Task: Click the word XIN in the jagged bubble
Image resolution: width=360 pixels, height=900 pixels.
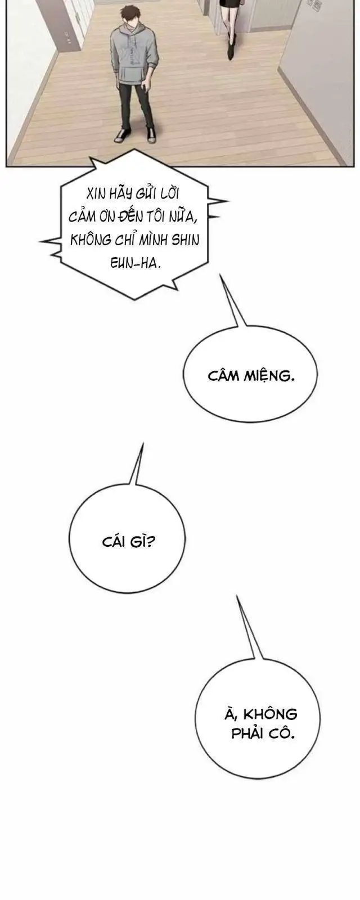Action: tap(96, 194)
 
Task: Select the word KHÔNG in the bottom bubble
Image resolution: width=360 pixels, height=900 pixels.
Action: tap(271, 714)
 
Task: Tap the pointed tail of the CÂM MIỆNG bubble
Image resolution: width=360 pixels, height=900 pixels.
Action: tap(220, 275)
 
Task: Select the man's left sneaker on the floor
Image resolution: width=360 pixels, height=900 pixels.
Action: tap(120, 135)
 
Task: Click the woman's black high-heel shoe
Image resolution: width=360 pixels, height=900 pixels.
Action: tap(231, 49)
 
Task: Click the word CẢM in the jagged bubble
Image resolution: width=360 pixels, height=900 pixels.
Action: tap(82, 217)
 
